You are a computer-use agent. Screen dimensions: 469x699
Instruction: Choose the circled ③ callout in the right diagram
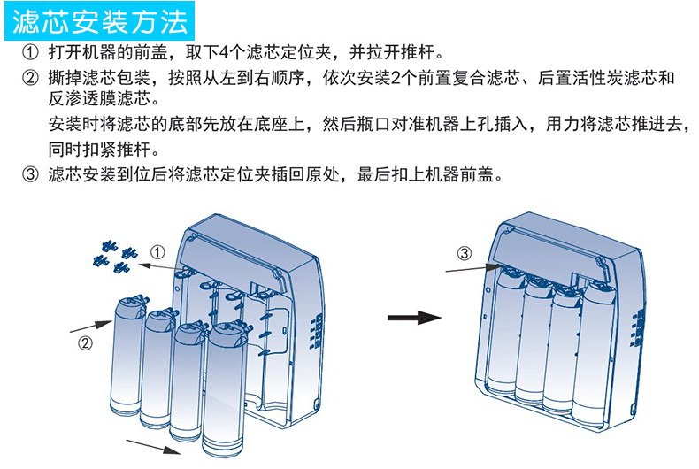tap(465, 253)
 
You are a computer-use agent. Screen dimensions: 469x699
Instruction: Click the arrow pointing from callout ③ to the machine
tap(473, 266)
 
